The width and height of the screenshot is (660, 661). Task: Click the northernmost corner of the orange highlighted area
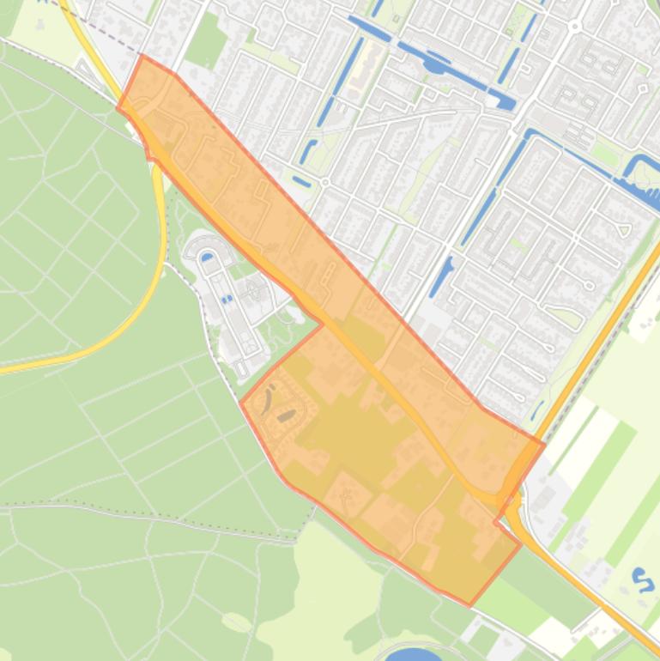[142, 56]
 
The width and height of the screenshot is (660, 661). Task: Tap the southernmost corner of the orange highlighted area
[469, 605]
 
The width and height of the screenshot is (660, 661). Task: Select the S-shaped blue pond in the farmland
[641, 579]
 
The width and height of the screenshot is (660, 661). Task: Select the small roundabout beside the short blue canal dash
[325, 182]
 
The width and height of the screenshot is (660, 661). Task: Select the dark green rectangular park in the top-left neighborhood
[206, 40]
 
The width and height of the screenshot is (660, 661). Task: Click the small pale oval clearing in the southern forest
[235, 622]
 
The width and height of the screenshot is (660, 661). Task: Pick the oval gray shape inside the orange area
[287, 416]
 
